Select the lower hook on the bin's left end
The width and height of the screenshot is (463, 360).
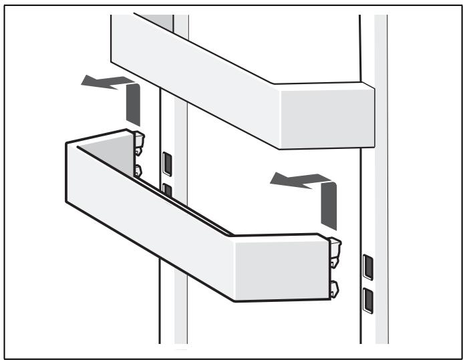138,170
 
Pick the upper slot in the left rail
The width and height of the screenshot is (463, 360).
166,162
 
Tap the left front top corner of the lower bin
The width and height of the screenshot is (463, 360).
65,143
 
